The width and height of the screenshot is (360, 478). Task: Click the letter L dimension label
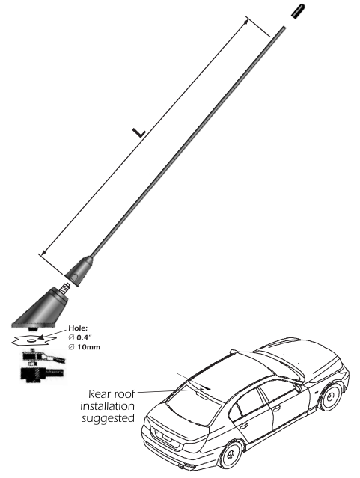(138, 132)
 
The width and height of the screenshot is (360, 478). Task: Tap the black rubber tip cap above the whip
(298, 11)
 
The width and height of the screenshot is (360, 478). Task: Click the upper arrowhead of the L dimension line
(247, 21)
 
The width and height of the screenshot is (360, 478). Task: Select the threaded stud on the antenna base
(64, 289)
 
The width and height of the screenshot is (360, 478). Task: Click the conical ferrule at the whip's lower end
(79, 272)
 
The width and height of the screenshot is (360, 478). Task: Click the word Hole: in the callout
(78, 328)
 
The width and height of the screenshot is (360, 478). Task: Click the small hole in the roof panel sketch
(31, 340)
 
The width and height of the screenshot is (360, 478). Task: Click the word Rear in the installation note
(99, 394)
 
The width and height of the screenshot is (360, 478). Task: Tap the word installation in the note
(107, 406)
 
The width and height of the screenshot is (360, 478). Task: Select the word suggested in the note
(108, 419)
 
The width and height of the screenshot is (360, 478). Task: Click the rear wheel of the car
(231, 454)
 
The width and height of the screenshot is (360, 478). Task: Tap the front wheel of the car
(330, 396)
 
